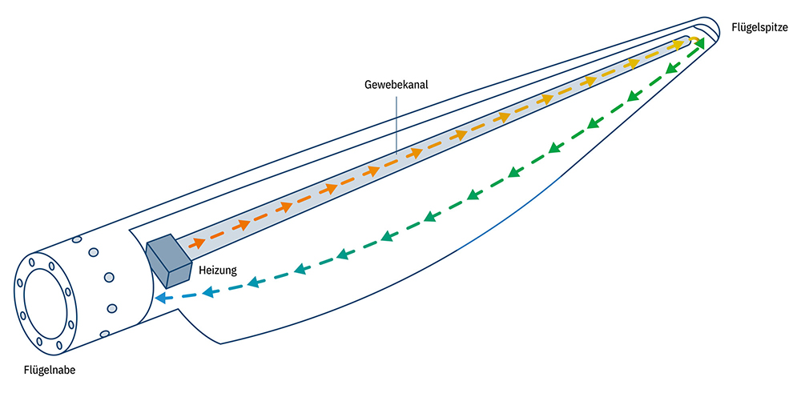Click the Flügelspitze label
pos(759,27)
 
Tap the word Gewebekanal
pos(394,82)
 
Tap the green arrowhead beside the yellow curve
pos(699,44)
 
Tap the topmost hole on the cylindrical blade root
pos(77,239)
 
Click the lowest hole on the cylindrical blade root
pos(104,333)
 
